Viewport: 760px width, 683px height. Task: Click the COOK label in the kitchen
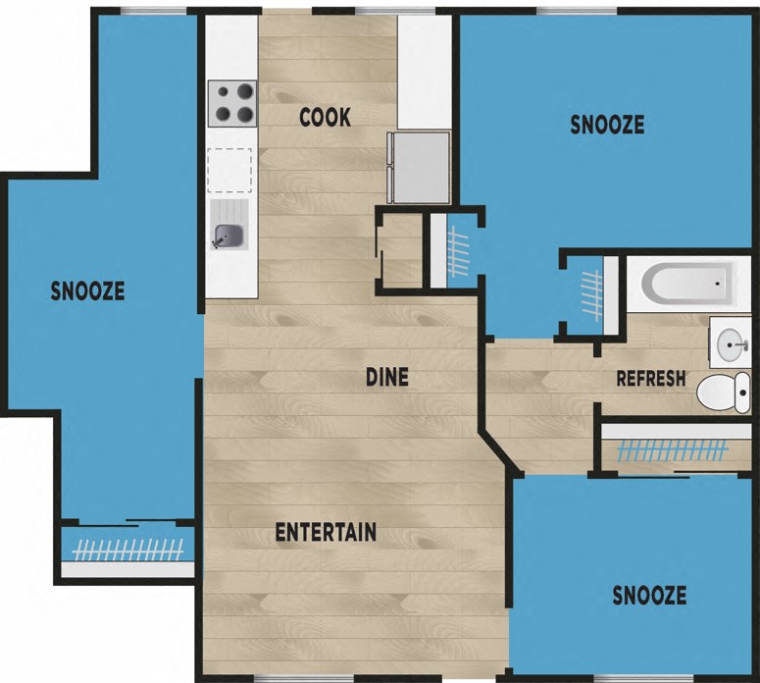[x=325, y=118]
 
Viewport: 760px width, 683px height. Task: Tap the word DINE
[x=386, y=376]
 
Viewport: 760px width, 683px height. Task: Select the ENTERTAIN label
[x=326, y=533]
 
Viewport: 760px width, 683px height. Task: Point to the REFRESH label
[x=650, y=379]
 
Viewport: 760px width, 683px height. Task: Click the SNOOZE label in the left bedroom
[x=88, y=290]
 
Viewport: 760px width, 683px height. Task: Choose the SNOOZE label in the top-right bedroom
[x=607, y=125]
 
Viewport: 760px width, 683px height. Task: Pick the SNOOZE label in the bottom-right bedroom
[x=649, y=596]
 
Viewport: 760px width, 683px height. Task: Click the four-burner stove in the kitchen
[x=231, y=103]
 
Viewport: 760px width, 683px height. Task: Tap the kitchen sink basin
[x=229, y=236]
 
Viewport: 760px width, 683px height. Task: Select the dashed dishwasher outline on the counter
[x=229, y=170]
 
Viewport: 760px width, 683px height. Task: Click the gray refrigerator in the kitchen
[x=420, y=167]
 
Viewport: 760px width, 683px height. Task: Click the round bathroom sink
[x=730, y=343]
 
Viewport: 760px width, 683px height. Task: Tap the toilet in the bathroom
[x=721, y=393]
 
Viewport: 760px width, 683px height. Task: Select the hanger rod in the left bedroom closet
[x=127, y=550]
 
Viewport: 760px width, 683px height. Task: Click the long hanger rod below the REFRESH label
[x=675, y=450]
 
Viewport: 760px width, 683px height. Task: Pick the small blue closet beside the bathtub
[x=588, y=292]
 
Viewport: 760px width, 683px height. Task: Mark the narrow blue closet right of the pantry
[x=456, y=250]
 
